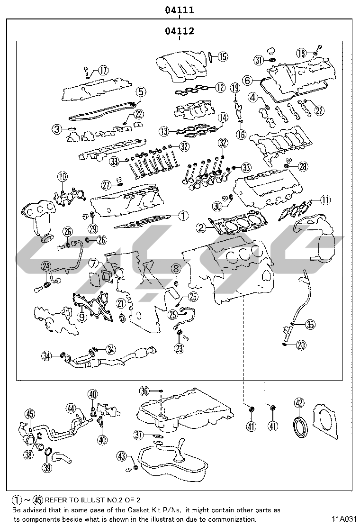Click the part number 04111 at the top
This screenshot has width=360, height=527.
[x=180, y=9]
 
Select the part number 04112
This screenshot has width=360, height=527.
[x=180, y=32]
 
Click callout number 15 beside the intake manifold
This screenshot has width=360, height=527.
[x=222, y=56]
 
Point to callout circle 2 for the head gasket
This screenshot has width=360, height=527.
[x=202, y=228]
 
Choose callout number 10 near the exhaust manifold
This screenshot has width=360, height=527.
[x=63, y=177]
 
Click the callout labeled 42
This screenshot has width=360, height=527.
[x=299, y=403]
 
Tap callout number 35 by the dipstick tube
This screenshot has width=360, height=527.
[x=310, y=325]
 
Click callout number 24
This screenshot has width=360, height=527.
[x=46, y=266]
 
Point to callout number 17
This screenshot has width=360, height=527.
[x=103, y=71]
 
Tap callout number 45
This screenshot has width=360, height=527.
[x=29, y=414]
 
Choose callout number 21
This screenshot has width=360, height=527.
[x=121, y=303]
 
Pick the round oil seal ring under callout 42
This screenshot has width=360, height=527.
[x=300, y=423]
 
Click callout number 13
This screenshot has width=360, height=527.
[x=164, y=131]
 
